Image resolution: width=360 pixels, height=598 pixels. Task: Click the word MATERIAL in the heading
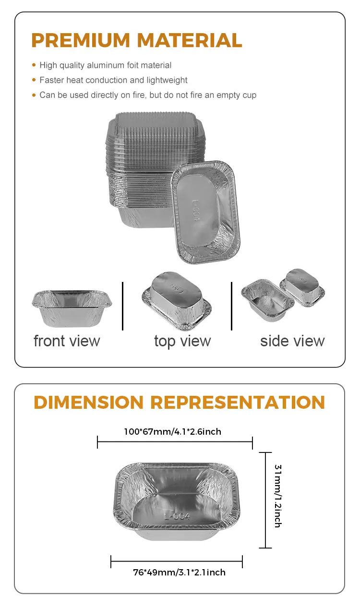[x=193, y=40]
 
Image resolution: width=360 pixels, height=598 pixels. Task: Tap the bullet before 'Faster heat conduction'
[x=34, y=80]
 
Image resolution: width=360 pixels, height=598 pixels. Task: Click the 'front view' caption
[x=67, y=341]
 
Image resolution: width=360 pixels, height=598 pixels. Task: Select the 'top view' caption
[x=182, y=341]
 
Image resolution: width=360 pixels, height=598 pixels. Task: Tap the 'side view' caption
[x=292, y=341]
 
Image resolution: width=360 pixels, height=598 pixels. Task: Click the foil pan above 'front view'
[x=72, y=307]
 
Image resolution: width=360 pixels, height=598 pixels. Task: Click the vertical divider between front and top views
[x=123, y=306]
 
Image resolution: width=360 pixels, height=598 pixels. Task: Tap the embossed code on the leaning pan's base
[x=199, y=211]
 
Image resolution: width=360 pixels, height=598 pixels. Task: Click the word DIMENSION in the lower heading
[x=88, y=402]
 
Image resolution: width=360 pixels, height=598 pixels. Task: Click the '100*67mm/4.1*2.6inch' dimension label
[x=172, y=431]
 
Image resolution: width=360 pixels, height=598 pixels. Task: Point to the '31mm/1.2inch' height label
[x=277, y=495]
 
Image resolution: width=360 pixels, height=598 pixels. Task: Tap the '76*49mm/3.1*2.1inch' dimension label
[x=179, y=572]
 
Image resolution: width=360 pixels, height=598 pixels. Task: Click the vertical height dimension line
[x=265, y=500]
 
